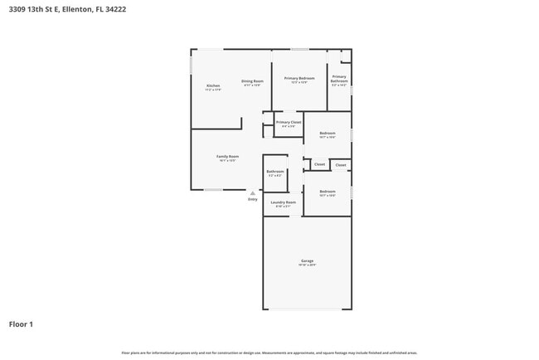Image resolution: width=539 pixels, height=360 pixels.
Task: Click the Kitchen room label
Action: (x=213, y=86)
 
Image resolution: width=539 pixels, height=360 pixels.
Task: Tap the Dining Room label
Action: (x=252, y=81)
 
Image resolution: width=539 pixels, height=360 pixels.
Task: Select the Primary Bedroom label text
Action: (x=299, y=78)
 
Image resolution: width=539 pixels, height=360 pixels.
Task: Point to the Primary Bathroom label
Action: (x=339, y=79)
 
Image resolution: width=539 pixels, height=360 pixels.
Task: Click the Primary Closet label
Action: (x=289, y=122)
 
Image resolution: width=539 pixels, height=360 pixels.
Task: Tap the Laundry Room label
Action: (x=284, y=202)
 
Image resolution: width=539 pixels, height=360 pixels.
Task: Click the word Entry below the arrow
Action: (x=253, y=199)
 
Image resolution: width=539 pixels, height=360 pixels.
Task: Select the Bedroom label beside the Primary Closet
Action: (x=328, y=133)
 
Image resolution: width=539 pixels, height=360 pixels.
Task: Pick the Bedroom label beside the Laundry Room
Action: (x=328, y=191)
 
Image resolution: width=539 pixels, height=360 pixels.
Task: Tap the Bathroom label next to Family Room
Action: (x=275, y=172)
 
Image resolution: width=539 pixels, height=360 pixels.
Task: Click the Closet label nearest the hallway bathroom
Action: (x=319, y=164)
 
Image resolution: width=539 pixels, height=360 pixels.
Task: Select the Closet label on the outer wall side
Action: (x=340, y=166)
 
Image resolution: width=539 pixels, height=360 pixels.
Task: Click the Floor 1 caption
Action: (x=22, y=324)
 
